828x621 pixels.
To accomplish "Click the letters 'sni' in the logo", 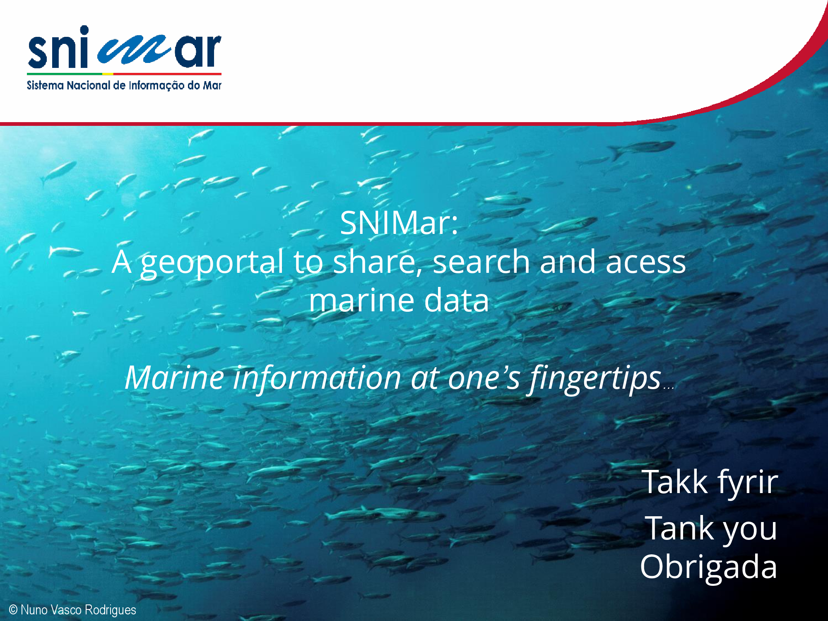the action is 58,47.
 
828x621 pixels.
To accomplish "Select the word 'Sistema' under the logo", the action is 45,85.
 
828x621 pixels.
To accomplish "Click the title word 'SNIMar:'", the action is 399,223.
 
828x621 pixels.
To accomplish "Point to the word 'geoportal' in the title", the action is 212,262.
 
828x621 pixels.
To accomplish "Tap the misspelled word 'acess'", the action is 646,262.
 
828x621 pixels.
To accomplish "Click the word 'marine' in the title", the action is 361,301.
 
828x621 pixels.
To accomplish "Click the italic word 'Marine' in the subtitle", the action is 175,378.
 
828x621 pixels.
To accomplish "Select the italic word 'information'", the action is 317,378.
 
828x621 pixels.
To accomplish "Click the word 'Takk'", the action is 675,482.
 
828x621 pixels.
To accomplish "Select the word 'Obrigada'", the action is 709,567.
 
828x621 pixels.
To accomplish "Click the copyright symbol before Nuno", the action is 13,610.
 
